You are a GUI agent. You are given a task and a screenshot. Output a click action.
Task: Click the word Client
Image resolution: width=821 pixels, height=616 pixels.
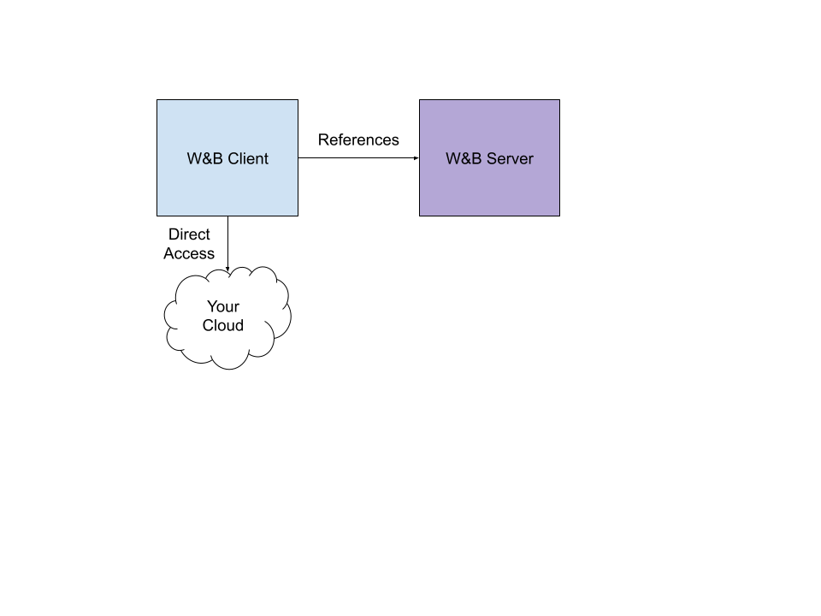[248, 158]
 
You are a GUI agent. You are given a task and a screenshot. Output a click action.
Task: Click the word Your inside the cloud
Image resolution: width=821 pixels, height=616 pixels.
[223, 306]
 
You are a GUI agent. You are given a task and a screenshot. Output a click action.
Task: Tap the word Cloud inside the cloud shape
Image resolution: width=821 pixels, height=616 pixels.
[223, 325]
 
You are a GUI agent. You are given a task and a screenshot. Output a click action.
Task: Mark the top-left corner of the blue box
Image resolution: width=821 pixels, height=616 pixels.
[158, 101]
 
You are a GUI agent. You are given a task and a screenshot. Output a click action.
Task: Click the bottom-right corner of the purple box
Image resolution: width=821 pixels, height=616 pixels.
[558, 215]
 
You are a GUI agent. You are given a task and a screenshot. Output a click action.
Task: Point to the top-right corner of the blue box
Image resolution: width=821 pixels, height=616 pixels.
[297, 101]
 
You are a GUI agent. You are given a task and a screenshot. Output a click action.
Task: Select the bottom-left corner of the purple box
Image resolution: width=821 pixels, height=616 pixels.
[421, 215]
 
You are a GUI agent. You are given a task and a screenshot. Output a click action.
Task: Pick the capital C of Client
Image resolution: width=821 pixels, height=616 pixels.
[233, 158]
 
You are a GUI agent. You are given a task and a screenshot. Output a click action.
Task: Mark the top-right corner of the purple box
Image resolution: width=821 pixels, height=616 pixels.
[558, 101]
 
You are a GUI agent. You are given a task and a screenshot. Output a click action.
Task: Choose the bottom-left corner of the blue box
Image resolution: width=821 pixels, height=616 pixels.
[158, 215]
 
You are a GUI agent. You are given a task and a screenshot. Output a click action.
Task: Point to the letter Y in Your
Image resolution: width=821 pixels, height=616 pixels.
[211, 306]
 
